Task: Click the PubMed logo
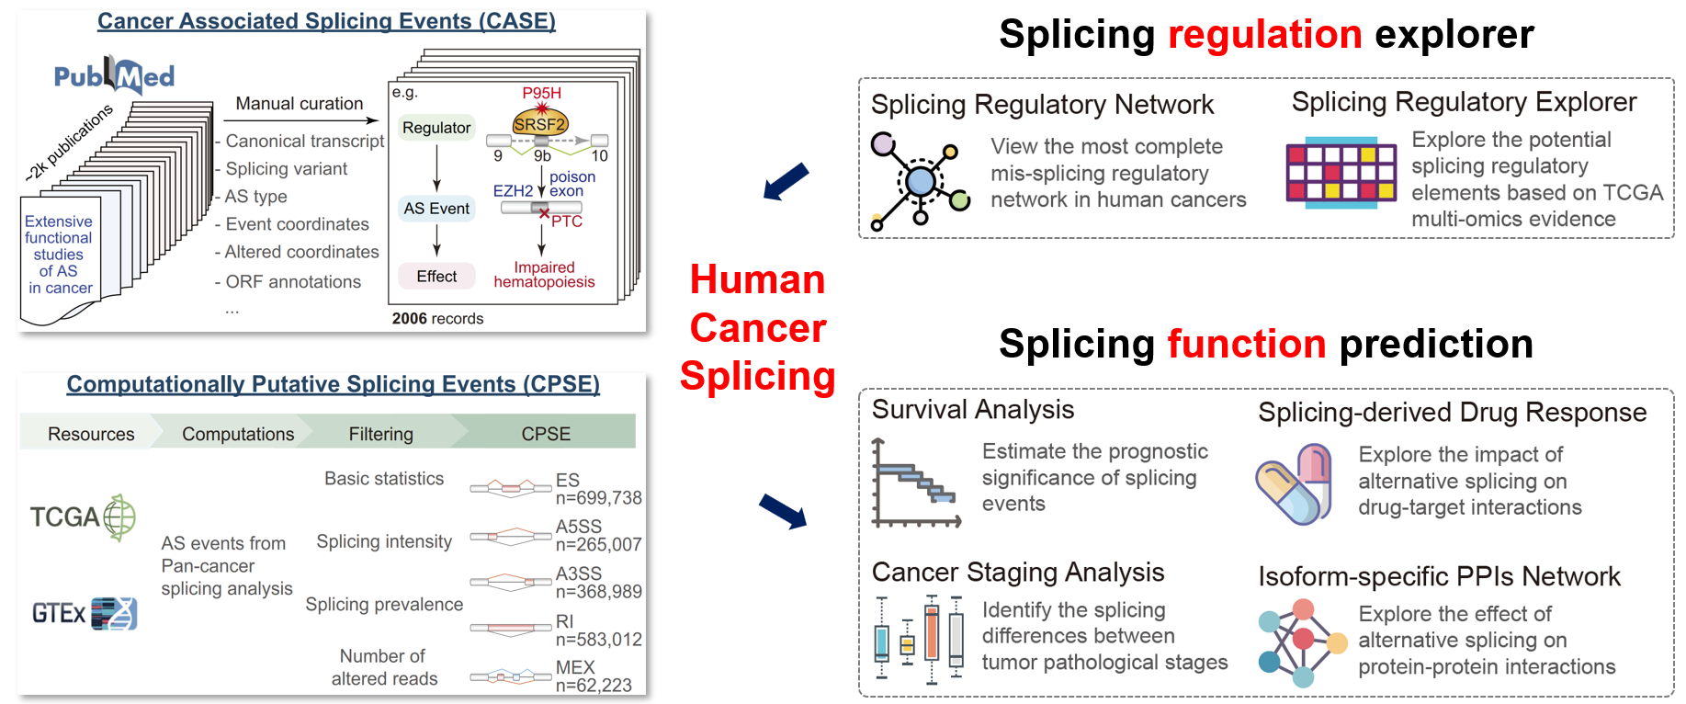[x=114, y=75]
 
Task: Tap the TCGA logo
[x=83, y=517]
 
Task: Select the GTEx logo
[x=85, y=613]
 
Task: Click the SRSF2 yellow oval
[x=539, y=124]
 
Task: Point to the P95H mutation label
[x=541, y=93]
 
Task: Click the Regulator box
[x=436, y=128]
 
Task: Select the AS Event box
[x=436, y=209]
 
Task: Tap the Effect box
[x=436, y=276]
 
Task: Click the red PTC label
[x=567, y=221]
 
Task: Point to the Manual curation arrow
[x=301, y=120]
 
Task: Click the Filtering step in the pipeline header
[x=380, y=434]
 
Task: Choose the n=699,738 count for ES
[x=598, y=498]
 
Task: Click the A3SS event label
[x=579, y=573]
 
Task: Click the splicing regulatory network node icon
[x=920, y=181]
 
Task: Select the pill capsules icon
[x=1295, y=484]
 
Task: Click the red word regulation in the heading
[x=1264, y=35]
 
